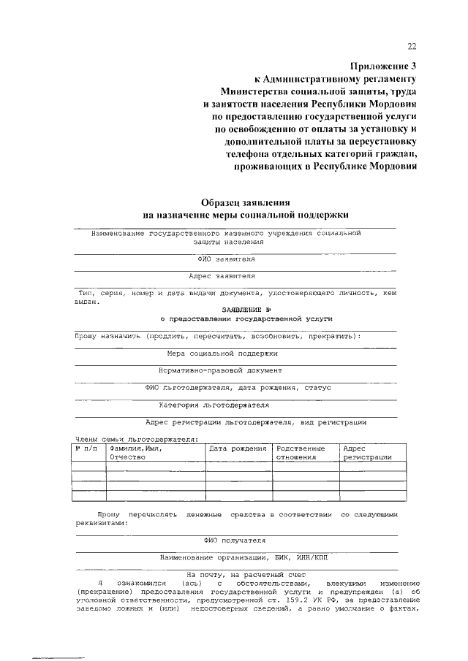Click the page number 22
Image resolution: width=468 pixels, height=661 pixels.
coord(412,47)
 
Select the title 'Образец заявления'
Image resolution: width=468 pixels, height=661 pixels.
coord(246,202)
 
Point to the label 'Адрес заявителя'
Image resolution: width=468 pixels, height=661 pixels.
coord(222,277)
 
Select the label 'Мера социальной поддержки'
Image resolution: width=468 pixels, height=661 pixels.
coord(222,354)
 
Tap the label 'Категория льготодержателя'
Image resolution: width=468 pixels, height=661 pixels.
coord(214,405)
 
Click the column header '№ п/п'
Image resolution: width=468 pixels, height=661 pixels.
coord(86,448)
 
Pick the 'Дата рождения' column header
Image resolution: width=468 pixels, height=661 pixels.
coord(238,448)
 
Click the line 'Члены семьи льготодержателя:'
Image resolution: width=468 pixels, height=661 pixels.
coord(135,439)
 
